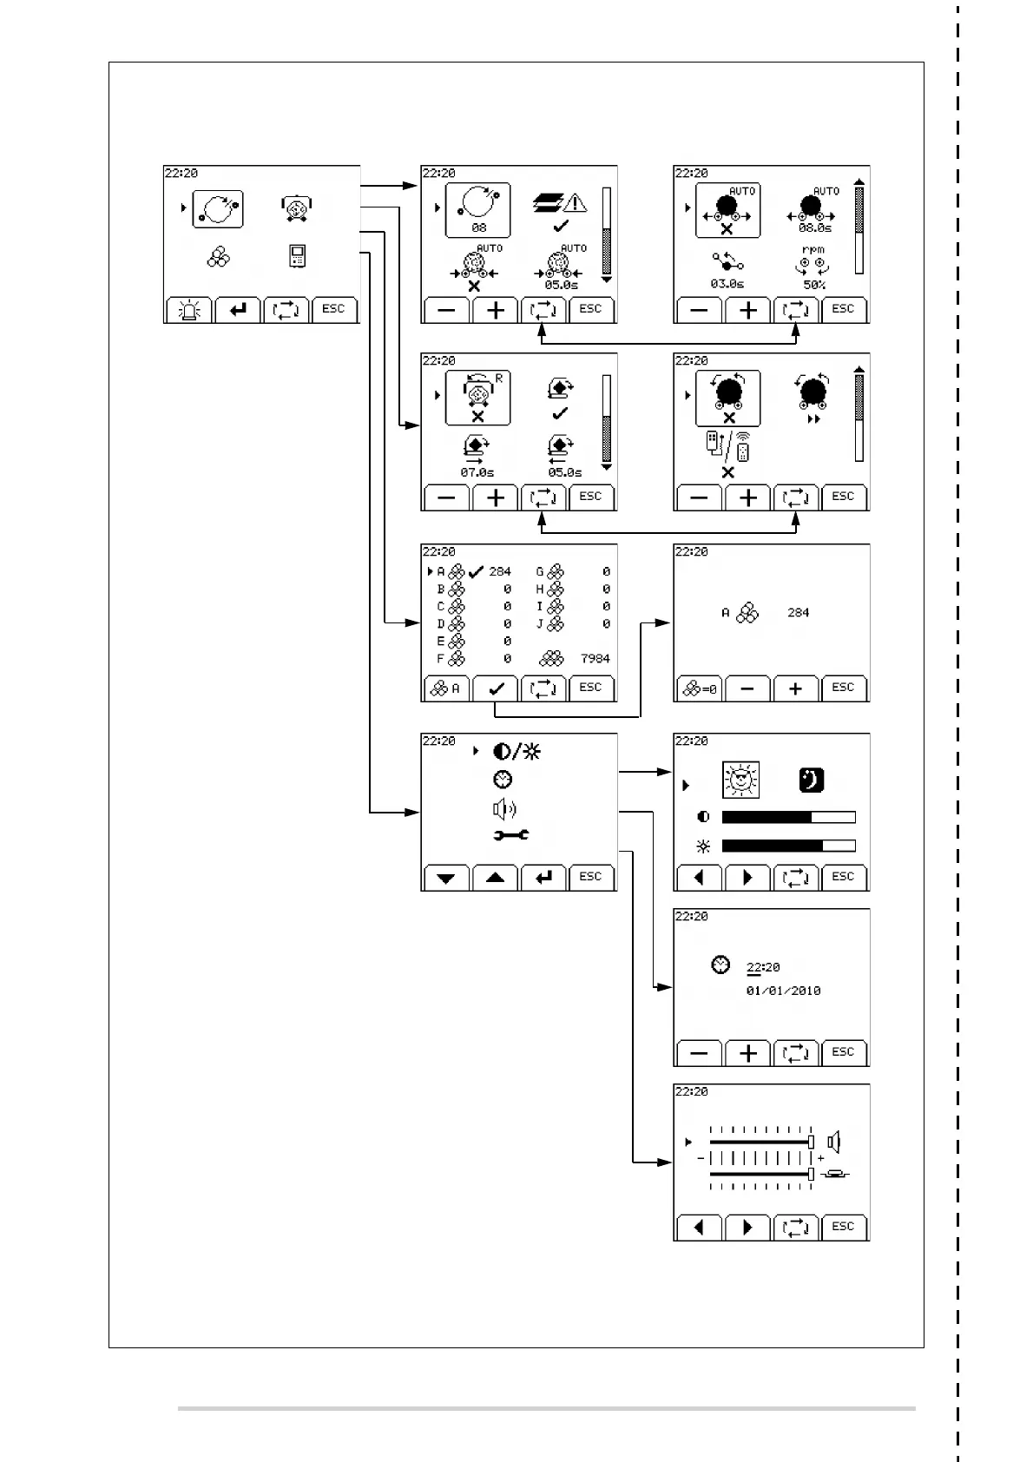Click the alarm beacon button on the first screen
[188, 310]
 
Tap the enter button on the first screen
[238, 310]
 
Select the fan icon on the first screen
[219, 257]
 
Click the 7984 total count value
[595, 659]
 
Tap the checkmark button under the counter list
[496, 688]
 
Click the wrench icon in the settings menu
[511, 835]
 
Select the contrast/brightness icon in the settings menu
[516, 752]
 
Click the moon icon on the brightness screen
[811, 780]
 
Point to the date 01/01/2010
[783, 991]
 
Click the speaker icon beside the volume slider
[833, 1142]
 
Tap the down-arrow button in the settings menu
[446, 878]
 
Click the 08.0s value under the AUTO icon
[814, 228]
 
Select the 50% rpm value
[814, 285]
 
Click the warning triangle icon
[575, 203]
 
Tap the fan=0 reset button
[699, 688]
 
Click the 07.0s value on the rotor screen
[477, 473]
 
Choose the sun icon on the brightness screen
[740, 780]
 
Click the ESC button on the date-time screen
[843, 1052]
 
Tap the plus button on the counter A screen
[795, 688]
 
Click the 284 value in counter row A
[500, 572]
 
